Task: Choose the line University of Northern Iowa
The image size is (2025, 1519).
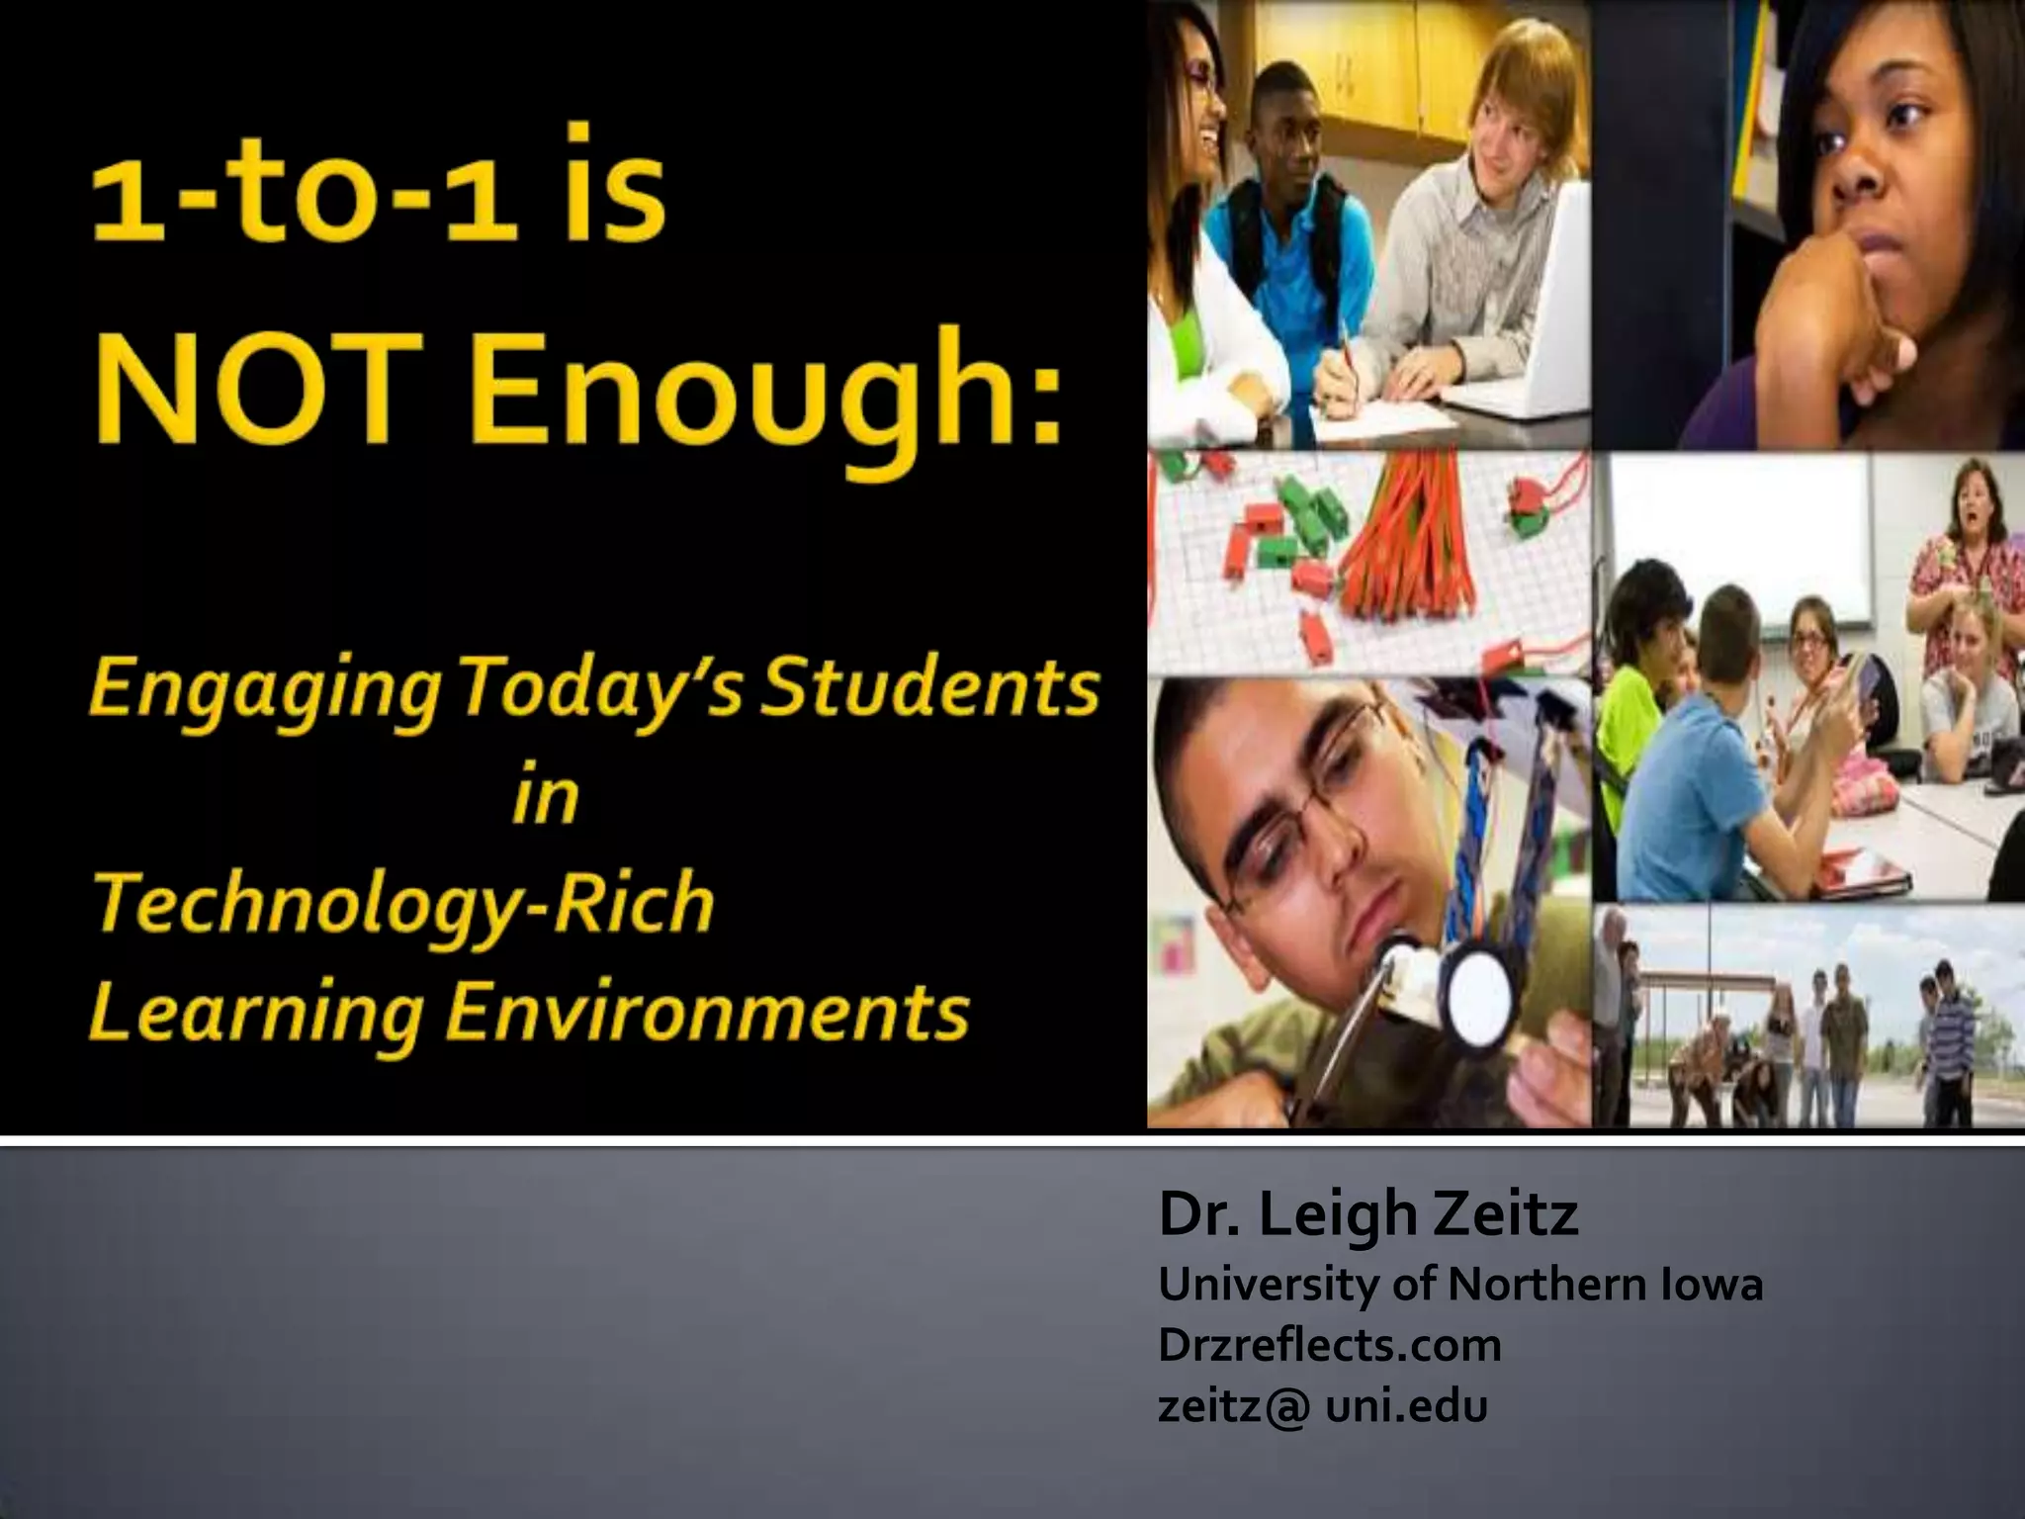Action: point(1460,1285)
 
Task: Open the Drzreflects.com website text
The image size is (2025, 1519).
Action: point(1329,1345)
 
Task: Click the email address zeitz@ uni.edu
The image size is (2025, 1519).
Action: point(1322,1405)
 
